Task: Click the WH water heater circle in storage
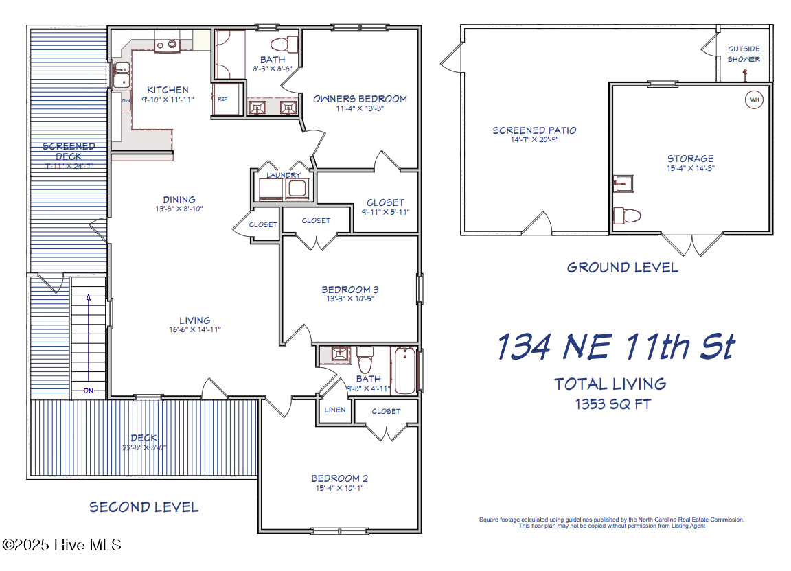point(755,100)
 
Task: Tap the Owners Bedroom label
point(360,99)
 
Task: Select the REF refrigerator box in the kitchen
point(223,99)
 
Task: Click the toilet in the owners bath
point(284,45)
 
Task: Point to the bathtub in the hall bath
point(404,371)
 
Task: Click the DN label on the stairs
point(89,391)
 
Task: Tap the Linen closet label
point(334,410)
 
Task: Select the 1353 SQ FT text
point(612,404)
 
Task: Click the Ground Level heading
point(622,268)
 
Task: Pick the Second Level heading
point(144,507)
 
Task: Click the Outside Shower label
point(744,54)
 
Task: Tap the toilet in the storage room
point(627,215)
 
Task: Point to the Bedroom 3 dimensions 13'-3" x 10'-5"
point(350,299)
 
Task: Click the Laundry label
point(284,176)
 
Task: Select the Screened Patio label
point(534,130)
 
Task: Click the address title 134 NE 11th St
point(615,347)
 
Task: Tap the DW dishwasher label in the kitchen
point(126,101)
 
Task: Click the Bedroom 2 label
point(340,478)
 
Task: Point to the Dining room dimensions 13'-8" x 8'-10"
point(179,209)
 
